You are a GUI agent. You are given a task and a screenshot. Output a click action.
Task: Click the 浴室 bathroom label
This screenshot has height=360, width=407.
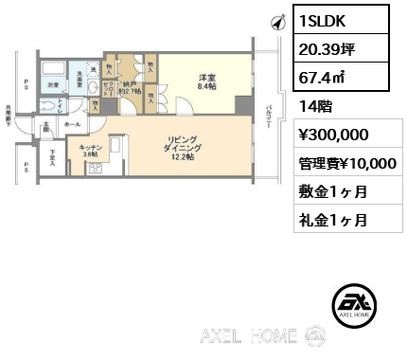click(54, 84)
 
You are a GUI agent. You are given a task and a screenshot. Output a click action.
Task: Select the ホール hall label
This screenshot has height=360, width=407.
click(72, 123)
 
